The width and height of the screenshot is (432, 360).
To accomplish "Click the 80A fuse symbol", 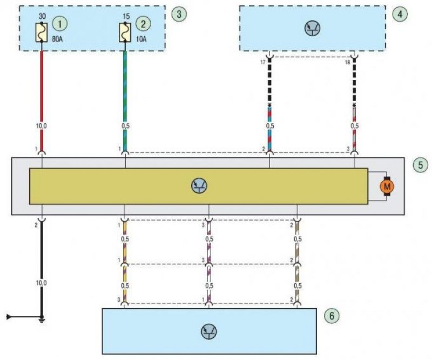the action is point(42,32).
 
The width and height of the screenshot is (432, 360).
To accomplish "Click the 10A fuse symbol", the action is point(125,32).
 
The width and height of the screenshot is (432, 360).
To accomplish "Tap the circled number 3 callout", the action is point(179,14).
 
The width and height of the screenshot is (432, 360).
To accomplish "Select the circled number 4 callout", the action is point(400,14).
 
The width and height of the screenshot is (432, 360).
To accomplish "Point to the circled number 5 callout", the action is point(421,165).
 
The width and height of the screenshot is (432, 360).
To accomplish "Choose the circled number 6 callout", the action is point(332,315).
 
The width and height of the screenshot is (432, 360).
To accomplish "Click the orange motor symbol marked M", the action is point(387,186).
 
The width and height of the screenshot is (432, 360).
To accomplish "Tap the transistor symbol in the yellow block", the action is point(199,185).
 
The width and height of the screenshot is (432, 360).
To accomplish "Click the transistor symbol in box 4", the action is point(313,29).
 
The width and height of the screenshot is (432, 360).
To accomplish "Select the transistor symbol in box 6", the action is point(209,331).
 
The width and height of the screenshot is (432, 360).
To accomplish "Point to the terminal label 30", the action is point(42,16).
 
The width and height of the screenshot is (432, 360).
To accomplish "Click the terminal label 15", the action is point(126,16).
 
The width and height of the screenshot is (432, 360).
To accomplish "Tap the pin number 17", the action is point(263,63).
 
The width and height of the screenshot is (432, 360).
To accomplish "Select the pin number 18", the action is point(347,63).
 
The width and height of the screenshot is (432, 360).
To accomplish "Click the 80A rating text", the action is point(57,39).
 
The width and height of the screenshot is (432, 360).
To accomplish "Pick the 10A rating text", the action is point(141,39).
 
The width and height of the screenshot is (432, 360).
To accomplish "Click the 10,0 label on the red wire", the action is point(42,126).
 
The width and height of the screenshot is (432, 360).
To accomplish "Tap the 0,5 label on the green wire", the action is point(125,126).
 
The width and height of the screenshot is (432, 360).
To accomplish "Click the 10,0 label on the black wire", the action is point(42,283).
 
